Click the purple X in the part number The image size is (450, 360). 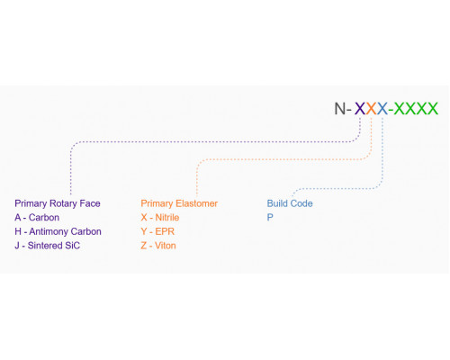point(360,108)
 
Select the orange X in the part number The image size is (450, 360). point(371,108)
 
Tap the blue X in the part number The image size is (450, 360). point(382,108)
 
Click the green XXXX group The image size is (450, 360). point(416,108)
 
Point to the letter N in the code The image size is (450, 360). point(340,108)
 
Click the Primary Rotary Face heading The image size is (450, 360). point(58,203)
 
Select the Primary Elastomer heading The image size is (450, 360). point(179,203)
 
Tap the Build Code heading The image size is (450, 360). point(290,203)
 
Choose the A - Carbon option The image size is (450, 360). point(37,217)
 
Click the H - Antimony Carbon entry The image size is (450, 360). point(58,231)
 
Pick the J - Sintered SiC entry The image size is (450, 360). point(48,246)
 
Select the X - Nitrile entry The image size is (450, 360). point(160,217)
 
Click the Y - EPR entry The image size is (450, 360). point(157,231)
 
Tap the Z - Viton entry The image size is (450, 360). point(158,246)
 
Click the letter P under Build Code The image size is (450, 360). point(270,217)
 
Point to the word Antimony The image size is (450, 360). point(49,231)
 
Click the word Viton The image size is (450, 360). point(166,246)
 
